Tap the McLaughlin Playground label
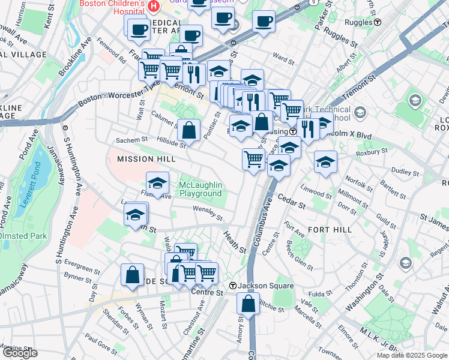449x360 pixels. point(200,189)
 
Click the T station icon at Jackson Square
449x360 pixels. point(235,286)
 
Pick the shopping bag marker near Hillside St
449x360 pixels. point(189,130)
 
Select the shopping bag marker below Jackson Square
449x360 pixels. point(248,304)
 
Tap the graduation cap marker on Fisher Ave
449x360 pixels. point(157,184)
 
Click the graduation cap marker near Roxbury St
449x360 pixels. point(325,162)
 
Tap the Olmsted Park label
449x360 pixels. point(23,236)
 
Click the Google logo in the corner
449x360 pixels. point(20,353)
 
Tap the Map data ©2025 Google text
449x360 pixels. point(411,355)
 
